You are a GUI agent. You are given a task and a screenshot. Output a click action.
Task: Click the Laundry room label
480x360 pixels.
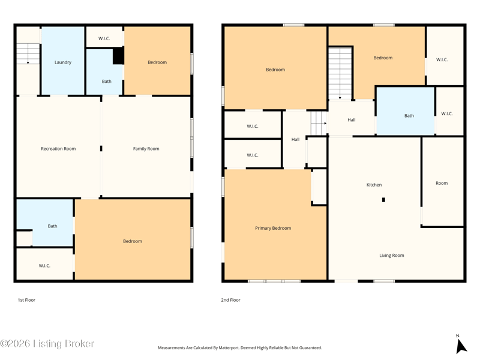tap(63, 62)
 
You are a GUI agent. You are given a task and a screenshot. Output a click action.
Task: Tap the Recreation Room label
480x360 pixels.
tap(58, 149)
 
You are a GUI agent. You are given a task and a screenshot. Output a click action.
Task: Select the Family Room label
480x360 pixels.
tap(146, 149)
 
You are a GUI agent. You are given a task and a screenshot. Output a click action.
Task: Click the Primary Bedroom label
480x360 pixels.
tap(273, 228)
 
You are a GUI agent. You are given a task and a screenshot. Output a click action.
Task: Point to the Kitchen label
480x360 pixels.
tap(374, 185)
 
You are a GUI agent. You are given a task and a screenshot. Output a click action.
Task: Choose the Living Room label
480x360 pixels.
tap(392, 256)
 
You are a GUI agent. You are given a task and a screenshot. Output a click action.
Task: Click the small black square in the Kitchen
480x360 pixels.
tap(383, 200)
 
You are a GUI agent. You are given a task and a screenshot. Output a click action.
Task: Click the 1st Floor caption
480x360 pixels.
tap(26, 300)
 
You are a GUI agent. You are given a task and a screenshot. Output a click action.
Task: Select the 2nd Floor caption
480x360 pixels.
tap(230, 300)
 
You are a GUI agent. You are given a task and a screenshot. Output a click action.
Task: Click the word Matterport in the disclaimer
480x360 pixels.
tap(229, 348)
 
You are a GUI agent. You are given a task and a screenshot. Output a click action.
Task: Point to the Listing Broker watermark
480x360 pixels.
tap(47, 344)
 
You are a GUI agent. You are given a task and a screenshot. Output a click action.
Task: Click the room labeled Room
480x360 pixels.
tap(442, 183)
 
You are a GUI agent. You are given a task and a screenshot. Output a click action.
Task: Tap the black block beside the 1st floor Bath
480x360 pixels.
tap(118, 55)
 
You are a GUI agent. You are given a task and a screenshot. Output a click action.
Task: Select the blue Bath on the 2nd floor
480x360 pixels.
tap(406, 111)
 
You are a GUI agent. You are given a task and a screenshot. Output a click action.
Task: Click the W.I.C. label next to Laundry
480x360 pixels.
tap(104, 38)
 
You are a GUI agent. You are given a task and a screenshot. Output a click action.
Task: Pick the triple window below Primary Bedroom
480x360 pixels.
tap(274, 281)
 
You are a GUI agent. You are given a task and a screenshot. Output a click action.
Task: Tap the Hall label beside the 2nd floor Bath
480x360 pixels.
tap(352, 120)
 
